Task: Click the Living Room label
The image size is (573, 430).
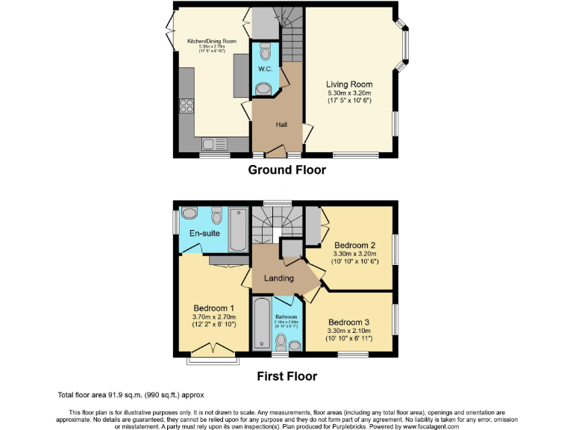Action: pos(349,84)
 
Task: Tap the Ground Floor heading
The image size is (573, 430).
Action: pos(286,169)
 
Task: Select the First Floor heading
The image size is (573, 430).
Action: pos(286,376)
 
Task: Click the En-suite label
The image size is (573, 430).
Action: pos(203,234)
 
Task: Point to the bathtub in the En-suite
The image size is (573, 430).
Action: pos(239,229)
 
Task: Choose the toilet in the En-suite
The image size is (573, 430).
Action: pos(217,216)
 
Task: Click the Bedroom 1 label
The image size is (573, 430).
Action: pos(214,308)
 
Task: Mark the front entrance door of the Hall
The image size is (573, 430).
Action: pos(274,154)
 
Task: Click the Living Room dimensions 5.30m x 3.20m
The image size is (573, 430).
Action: pos(349,93)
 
